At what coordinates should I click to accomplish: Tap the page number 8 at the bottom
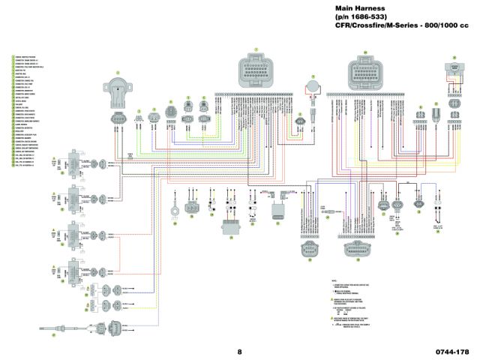[240, 331]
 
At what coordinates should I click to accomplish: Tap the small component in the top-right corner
[454, 70]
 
